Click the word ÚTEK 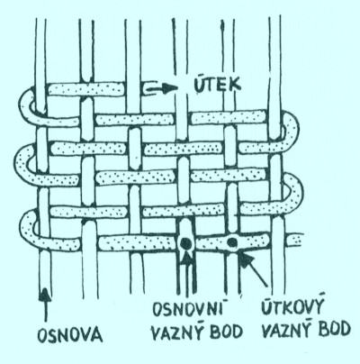[218, 85]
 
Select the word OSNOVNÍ [189, 309]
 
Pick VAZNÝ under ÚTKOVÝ [289, 330]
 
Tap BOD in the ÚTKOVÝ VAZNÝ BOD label [335, 329]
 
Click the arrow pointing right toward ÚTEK [160, 88]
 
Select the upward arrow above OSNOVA [44, 305]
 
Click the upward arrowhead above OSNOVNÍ [187, 257]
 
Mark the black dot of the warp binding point [186, 242]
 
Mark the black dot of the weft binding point [232, 241]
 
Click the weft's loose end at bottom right [295, 241]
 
